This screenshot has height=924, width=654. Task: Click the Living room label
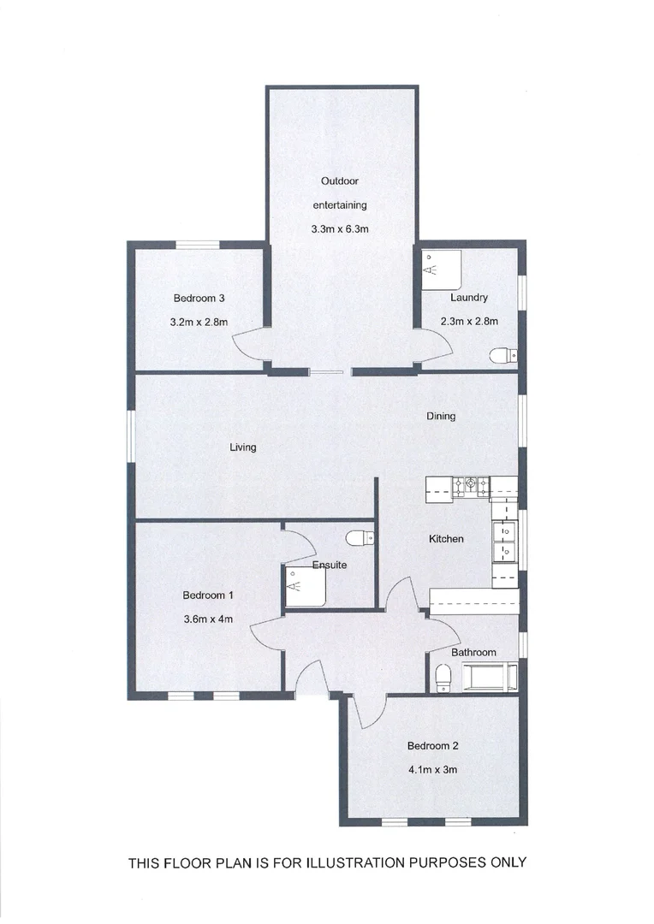click(242, 447)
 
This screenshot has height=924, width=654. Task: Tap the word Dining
click(441, 417)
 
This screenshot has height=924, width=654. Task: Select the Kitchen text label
click(446, 539)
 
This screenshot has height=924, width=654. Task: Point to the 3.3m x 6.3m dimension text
click(340, 228)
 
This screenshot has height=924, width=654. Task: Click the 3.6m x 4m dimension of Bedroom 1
click(208, 619)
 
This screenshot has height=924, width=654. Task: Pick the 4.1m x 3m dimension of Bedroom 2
click(432, 769)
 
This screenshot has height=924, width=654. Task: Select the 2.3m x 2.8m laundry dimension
click(468, 322)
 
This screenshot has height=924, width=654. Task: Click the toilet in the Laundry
click(502, 356)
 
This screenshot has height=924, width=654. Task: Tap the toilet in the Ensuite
click(360, 537)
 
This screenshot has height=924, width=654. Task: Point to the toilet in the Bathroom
click(443, 678)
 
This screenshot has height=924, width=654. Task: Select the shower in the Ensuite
click(305, 588)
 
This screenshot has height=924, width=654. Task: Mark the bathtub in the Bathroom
click(489, 676)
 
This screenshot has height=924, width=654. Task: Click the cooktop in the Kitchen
click(471, 487)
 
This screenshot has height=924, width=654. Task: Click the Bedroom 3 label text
click(199, 299)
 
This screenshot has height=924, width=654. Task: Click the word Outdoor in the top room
click(339, 181)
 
